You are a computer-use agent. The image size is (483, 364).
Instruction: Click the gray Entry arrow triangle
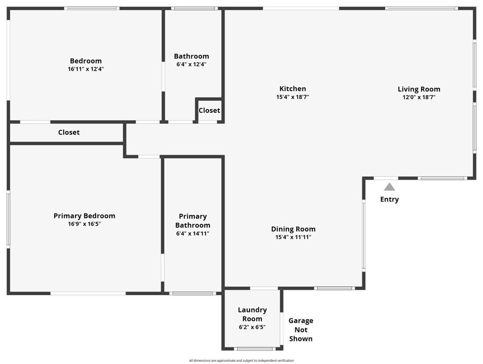[x=389, y=187]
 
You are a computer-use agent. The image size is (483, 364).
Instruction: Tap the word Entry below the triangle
[x=389, y=199]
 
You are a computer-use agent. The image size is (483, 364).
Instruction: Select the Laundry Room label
[x=252, y=314]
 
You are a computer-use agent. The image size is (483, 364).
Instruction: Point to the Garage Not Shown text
[x=300, y=330]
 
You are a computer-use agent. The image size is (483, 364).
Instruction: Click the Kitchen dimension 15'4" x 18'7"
[x=292, y=97]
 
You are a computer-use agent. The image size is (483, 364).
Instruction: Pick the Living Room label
[x=419, y=89]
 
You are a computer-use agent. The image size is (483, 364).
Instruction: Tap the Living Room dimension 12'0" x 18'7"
[x=419, y=98]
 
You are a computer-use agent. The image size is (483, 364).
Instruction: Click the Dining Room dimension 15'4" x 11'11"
[x=293, y=237]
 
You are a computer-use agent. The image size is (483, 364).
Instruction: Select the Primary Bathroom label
[x=192, y=221]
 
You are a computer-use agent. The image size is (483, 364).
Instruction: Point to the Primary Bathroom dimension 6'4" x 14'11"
[x=192, y=233]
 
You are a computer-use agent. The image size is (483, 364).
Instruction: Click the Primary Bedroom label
[x=84, y=216]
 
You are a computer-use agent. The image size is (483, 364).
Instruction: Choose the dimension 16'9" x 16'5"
[x=84, y=224]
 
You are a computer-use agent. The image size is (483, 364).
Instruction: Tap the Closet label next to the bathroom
[x=209, y=110]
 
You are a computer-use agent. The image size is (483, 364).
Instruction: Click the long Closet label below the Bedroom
[x=69, y=132]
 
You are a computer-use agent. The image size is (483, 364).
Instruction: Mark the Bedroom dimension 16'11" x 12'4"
[x=86, y=69]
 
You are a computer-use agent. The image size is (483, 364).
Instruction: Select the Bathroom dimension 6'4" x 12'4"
[x=191, y=65]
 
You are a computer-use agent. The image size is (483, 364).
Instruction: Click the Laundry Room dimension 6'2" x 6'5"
[x=252, y=327]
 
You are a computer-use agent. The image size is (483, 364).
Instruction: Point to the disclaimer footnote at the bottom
[x=241, y=361]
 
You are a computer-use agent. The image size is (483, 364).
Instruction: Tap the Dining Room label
[x=293, y=229]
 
